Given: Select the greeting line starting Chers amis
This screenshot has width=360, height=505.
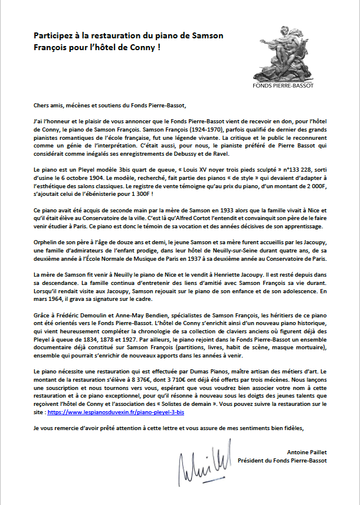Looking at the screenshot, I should (x=118, y=106).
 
